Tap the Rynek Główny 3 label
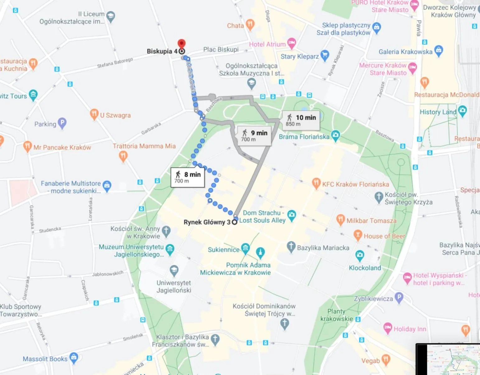coord(207,222)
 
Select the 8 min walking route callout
coord(188,177)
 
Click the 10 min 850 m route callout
coord(301,120)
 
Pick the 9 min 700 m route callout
coord(254,136)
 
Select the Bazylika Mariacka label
coord(323,248)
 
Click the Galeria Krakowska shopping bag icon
coord(439,50)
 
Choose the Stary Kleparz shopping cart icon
coord(325,55)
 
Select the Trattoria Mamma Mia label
coord(144,146)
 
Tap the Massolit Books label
coord(45,359)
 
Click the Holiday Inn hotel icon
coord(388,328)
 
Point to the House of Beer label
coord(384,236)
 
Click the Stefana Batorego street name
coord(115,63)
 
